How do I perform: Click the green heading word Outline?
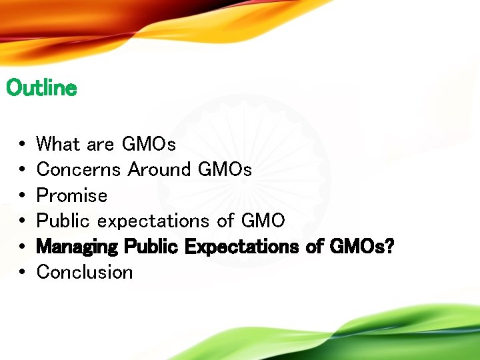(x=41, y=88)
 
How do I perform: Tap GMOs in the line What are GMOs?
(x=149, y=143)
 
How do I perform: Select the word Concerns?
(x=79, y=169)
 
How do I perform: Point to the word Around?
(x=159, y=169)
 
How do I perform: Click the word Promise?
(x=71, y=195)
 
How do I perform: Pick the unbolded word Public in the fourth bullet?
(x=63, y=221)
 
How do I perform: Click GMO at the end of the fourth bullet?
(x=263, y=221)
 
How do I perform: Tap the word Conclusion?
(x=85, y=272)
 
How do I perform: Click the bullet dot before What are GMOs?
(x=23, y=144)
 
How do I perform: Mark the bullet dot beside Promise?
(x=23, y=196)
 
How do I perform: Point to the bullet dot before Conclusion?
(x=23, y=273)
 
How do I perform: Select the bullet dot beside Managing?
(x=23, y=247)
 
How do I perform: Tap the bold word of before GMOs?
(x=314, y=247)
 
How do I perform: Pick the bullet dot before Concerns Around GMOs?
(x=23, y=170)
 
